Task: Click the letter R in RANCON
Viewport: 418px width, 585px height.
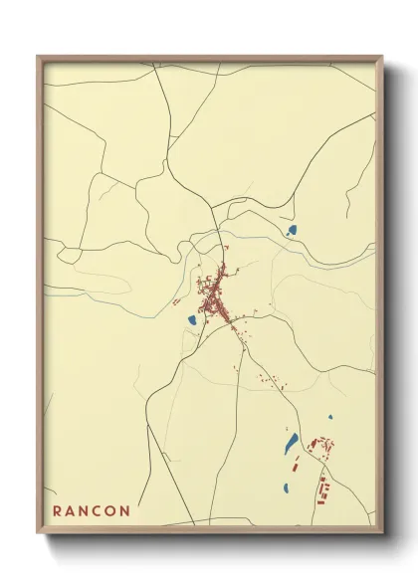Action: (x=57, y=511)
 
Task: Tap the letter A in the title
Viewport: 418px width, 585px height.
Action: (x=72, y=511)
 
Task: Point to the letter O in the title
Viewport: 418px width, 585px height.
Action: (x=113, y=511)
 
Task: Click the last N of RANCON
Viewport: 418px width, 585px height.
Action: (x=126, y=511)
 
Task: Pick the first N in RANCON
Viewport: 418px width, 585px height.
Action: (x=86, y=511)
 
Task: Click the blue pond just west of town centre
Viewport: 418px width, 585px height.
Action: (x=189, y=320)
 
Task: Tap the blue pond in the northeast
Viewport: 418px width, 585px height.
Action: (x=292, y=231)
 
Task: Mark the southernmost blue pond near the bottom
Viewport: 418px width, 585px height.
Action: (x=286, y=487)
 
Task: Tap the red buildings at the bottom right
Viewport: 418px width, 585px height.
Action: (x=321, y=487)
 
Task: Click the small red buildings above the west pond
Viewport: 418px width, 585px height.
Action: (x=176, y=300)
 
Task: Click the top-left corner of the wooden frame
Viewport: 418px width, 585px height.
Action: (x=39, y=58)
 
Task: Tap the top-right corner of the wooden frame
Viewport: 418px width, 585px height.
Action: (x=382, y=58)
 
